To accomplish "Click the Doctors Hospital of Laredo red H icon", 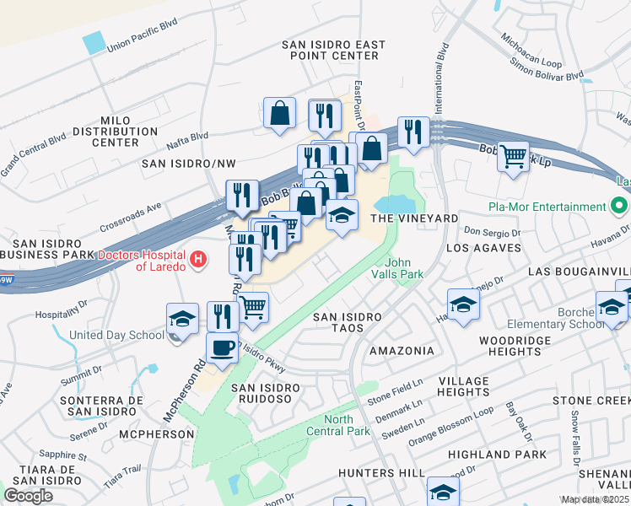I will click(198, 258).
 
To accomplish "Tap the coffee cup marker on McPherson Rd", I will click(223, 348).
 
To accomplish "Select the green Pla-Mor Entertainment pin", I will click(620, 207).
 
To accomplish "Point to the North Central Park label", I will click(349, 425).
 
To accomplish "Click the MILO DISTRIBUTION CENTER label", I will click(115, 132).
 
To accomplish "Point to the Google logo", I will click(28, 496).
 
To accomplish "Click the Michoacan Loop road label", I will click(531, 52).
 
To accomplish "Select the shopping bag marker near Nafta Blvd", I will click(279, 113).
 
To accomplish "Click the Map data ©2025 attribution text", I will click(594, 499).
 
